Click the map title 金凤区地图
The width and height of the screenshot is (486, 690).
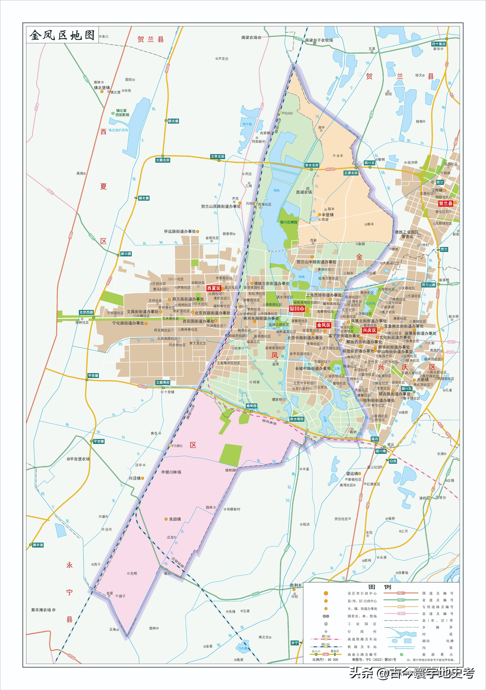[x=62, y=35]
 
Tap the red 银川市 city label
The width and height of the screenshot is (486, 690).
[x=297, y=309]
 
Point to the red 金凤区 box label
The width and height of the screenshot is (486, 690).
[x=323, y=325]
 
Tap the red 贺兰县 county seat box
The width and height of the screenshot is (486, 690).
[x=445, y=203]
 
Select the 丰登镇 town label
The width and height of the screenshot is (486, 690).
[x=327, y=215]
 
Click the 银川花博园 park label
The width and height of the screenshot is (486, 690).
[x=289, y=222]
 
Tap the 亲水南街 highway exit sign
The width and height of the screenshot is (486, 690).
[x=297, y=419]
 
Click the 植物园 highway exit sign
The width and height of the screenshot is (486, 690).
[x=251, y=406]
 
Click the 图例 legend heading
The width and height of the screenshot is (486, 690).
[x=380, y=586]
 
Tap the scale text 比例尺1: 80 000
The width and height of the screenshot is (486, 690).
[x=325, y=660]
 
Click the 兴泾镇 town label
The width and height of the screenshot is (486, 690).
[x=135, y=478]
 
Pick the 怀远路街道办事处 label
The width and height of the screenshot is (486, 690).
[x=180, y=231]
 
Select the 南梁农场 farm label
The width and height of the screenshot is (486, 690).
[x=249, y=38]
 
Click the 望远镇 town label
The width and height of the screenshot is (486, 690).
[x=352, y=474]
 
